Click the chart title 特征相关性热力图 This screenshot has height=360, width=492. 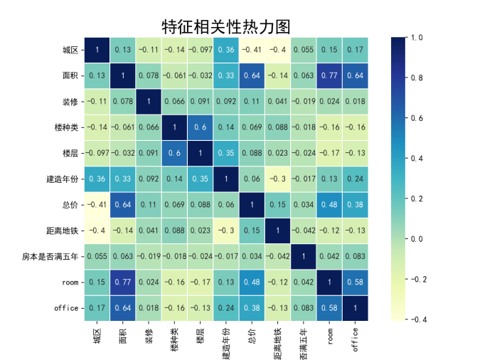tap(226, 27)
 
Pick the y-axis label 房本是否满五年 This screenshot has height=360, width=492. tap(51, 255)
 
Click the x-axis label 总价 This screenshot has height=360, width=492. tap(252, 334)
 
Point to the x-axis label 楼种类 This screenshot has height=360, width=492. tap(174, 337)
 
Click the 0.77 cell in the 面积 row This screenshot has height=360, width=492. tap(329, 75)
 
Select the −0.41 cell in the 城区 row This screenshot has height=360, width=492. tap(252, 50)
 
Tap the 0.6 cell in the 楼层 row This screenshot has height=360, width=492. tap(174, 152)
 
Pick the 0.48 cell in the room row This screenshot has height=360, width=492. tap(252, 281)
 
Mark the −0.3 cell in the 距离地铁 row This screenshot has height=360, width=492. tap(226, 230)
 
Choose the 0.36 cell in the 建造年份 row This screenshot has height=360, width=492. tap(97, 178)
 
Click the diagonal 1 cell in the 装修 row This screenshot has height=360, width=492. tap(149, 101)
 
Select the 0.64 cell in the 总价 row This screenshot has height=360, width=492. tap(123, 204)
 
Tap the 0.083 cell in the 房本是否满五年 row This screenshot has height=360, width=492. tap(355, 255)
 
